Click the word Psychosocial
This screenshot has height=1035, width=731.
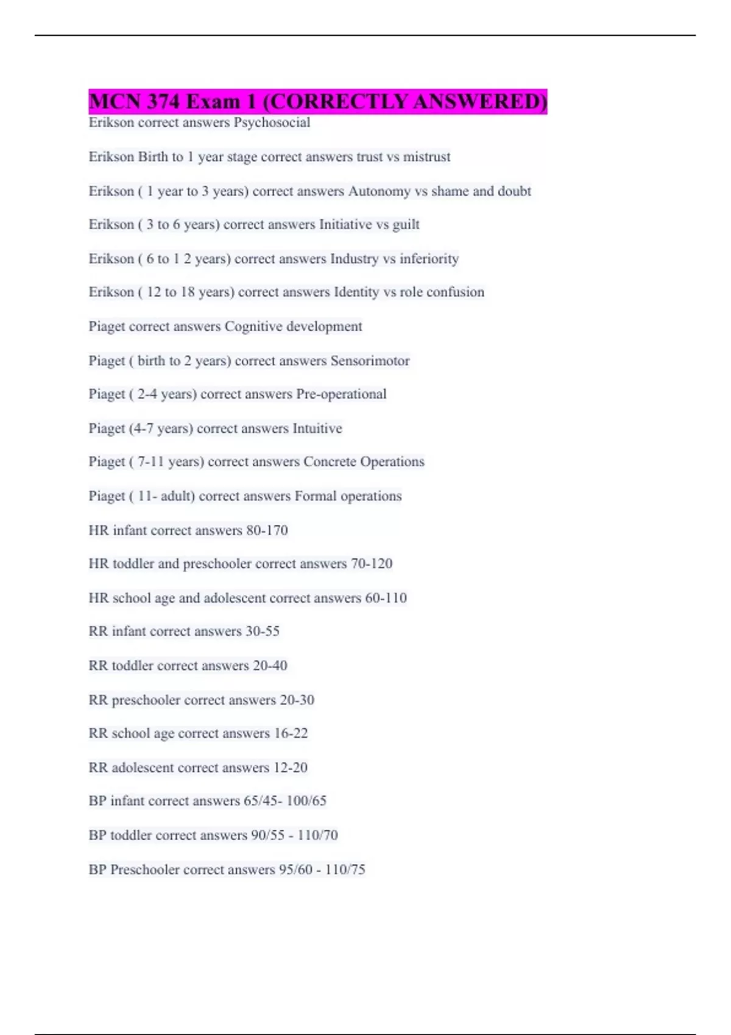272,122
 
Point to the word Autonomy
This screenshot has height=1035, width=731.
379,191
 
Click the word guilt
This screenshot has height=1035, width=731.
406,225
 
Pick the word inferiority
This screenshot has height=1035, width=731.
429,259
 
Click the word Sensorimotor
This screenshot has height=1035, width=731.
370,360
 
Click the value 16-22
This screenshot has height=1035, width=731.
291,733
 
